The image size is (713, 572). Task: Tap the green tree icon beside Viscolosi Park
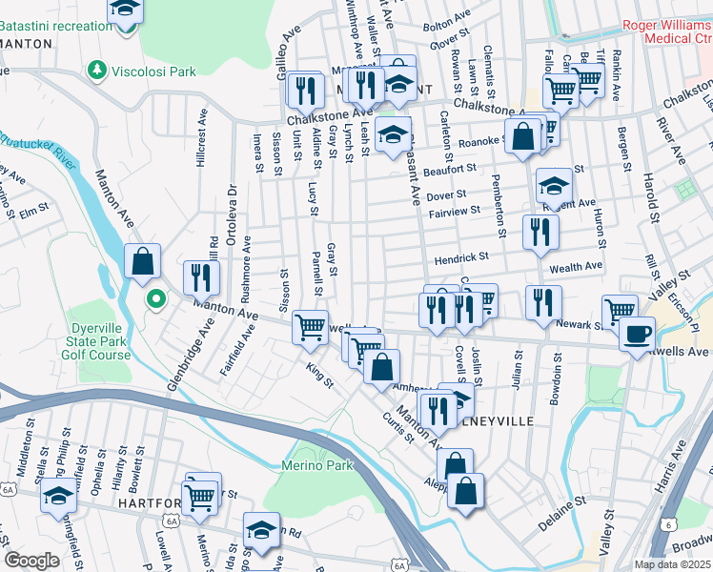tap(96, 70)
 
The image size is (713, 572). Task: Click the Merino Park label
tap(317, 465)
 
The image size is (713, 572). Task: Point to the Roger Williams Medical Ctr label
tap(665, 31)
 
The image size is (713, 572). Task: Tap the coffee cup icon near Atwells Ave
tap(637, 335)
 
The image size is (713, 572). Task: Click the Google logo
tap(32, 561)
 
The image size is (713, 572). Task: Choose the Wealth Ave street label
tap(582, 266)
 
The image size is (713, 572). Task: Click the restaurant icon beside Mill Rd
tap(201, 277)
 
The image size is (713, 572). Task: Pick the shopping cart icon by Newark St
tap(620, 311)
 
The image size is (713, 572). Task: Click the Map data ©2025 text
tap(672, 564)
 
